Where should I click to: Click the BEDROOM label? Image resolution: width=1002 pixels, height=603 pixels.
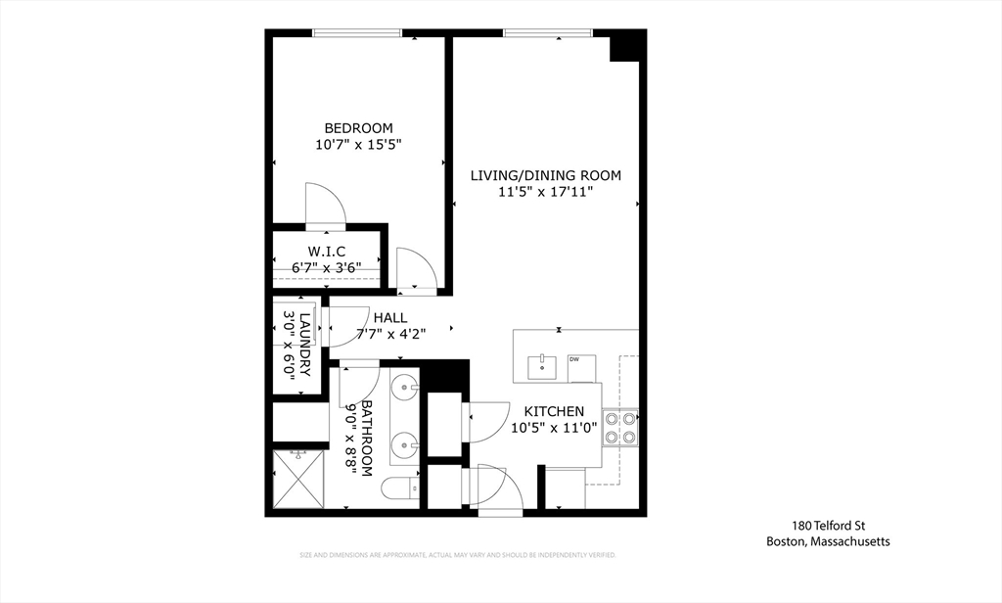358,128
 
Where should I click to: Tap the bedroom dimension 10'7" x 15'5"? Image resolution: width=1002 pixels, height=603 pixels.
358,145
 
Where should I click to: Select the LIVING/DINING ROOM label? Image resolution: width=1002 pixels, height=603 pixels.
546,176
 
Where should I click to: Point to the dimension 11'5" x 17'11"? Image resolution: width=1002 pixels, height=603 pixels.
546,193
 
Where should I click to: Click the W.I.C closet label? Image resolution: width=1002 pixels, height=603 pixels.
328,251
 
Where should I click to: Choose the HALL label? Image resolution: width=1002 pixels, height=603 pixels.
389,317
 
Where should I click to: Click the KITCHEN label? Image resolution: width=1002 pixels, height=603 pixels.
554,411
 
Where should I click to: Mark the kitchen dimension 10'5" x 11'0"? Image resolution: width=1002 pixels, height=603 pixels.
554,428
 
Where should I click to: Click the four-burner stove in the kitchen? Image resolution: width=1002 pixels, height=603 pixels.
620,427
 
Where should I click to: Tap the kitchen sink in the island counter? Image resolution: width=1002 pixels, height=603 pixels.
541,367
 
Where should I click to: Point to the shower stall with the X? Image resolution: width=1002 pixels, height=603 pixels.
297,480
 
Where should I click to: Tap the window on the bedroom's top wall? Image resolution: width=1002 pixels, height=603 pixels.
356,33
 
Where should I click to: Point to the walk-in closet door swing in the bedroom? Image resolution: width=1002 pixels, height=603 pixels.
325,203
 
